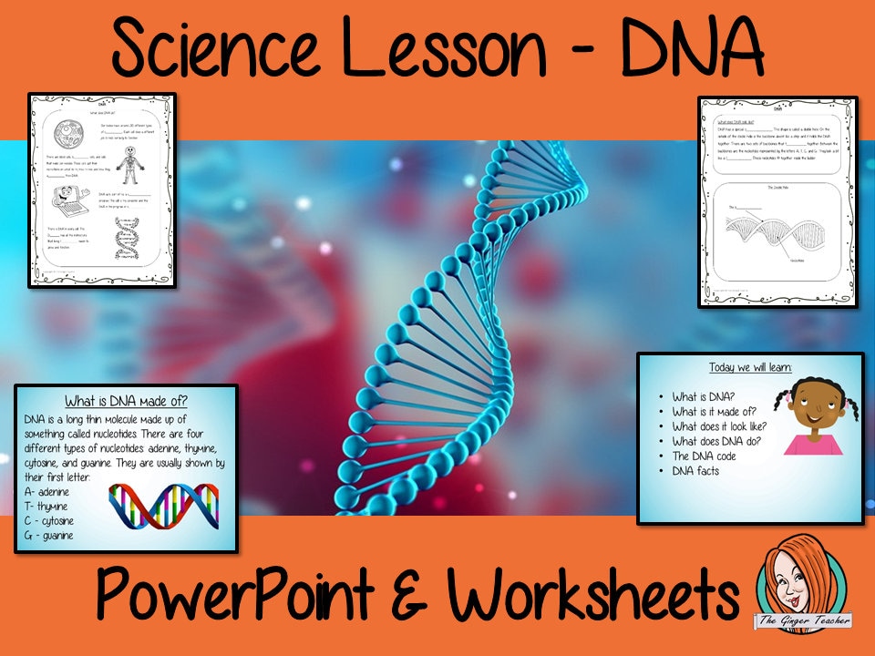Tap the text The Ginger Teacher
[802, 620]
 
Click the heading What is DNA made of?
[127, 401]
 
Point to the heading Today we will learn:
[750, 367]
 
